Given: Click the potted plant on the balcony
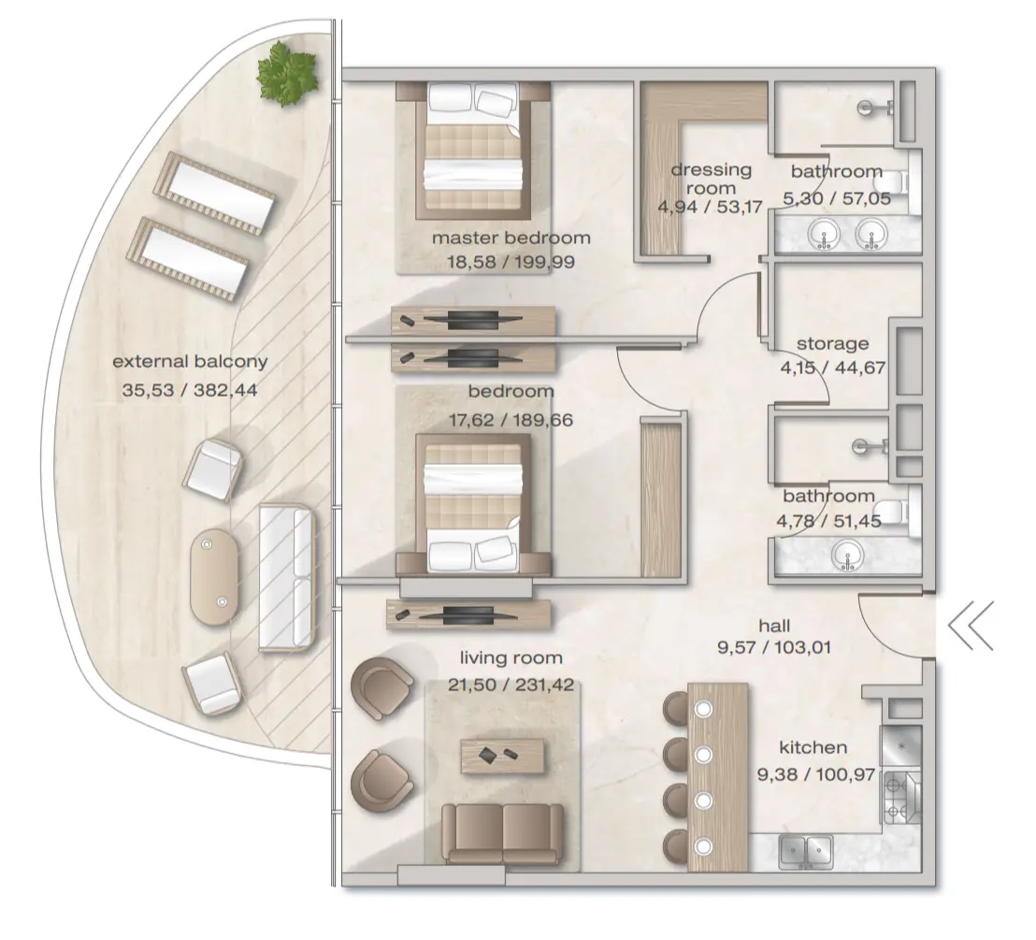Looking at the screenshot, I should [288, 75].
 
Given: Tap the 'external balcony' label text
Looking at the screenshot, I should [190, 361].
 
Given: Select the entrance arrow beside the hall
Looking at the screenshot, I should [971, 627].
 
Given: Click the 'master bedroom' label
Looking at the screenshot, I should [511, 238].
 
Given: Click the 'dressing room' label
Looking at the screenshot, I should [712, 179].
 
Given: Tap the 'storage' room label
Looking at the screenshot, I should [832, 343].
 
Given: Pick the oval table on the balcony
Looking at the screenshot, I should [216, 578].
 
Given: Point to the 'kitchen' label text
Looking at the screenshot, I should [813, 747].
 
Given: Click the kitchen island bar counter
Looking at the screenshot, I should [717, 776].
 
